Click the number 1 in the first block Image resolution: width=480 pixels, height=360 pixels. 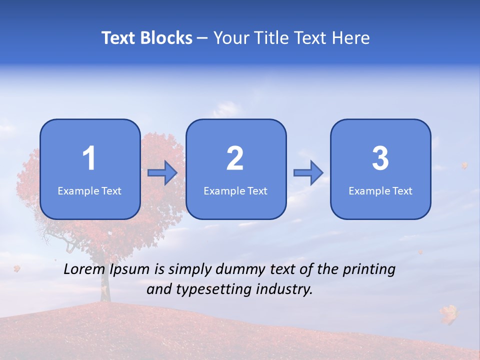(x=89, y=158)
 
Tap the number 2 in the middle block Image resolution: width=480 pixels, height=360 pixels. (x=235, y=158)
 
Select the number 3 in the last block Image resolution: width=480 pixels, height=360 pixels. (x=380, y=158)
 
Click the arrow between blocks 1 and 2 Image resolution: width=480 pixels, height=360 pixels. (x=162, y=173)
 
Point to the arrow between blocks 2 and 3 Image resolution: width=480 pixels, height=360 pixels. (x=308, y=173)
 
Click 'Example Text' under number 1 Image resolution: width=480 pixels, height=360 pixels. (x=89, y=190)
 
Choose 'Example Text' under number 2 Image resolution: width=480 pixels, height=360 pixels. (x=235, y=190)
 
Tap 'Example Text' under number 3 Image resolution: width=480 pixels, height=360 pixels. (x=380, y=190)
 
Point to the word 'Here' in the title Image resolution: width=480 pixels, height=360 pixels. (x=351, y=38)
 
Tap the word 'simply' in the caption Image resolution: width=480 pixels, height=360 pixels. (x=191, y=270)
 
